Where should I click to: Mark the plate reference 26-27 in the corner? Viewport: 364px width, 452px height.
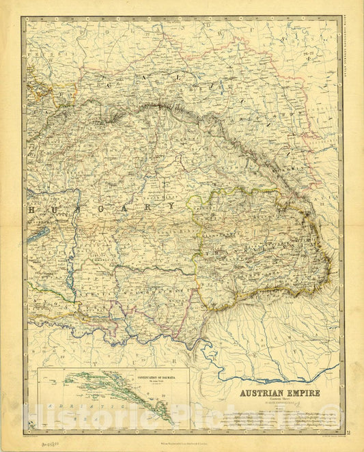331,49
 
